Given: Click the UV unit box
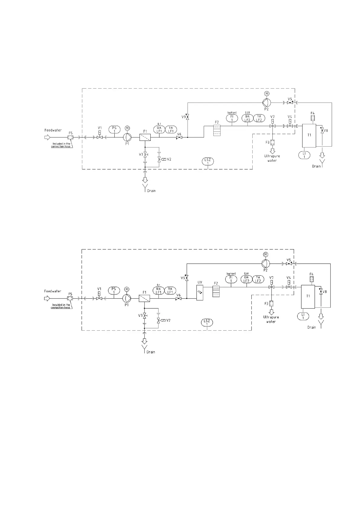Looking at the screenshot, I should coord(200,293).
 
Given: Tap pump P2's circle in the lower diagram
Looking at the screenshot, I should coord(265,263).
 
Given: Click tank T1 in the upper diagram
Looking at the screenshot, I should coord(309,135).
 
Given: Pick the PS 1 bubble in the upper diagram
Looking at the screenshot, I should coord(114,129).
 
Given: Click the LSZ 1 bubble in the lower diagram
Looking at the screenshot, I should coord(207,322).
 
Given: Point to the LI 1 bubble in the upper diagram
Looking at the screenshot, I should coord(304,155).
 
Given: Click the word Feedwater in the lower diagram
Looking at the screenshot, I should coord(53,291).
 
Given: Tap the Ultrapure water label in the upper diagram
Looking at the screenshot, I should coord(272,158).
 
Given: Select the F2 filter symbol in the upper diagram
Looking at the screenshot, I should coord(217,130).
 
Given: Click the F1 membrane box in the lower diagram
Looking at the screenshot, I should coord(145,299).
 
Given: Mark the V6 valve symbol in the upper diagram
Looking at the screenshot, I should coord(179,138).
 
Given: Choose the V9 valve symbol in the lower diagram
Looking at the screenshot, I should coord(187,277).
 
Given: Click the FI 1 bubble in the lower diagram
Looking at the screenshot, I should coord(231,279).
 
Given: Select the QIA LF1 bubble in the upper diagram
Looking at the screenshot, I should coord(159,129).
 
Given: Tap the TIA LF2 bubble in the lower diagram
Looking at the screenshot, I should coord(258,279).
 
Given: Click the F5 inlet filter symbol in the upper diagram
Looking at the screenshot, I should coord(70,138).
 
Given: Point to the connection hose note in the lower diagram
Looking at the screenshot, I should coord(61,306).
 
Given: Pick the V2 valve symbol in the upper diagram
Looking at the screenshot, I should coord(159,159).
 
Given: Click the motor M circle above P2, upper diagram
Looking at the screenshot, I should coord(267,94).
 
